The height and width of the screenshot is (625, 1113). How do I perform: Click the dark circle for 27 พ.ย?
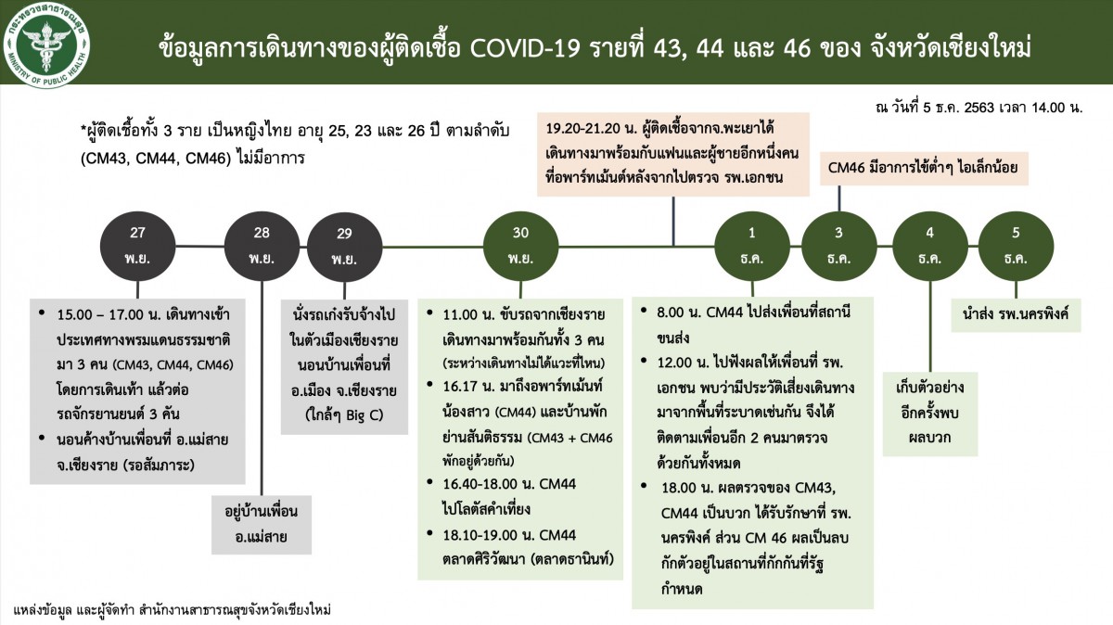tap(137, 246)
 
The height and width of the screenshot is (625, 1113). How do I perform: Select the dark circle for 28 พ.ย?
tap(262, 246)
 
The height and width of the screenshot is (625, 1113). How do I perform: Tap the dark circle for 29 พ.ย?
tap(345, 247)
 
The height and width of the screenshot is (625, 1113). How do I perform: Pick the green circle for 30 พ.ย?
tap(520, 246)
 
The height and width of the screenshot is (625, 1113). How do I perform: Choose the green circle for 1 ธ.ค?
tap(752, 246)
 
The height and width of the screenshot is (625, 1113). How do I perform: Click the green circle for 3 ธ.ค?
tap(838, 246)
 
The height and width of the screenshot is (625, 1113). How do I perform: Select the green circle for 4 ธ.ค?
tap(930, 246)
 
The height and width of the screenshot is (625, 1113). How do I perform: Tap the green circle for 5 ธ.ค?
tap(1016, 246)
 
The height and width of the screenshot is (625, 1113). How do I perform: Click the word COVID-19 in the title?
tap(525, 49)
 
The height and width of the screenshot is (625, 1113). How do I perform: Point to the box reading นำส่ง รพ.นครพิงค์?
tap(1016, 315)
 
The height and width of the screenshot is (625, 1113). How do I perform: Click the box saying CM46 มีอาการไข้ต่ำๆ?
tap(924, 169)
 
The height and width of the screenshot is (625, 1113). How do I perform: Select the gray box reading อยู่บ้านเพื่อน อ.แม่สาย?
tap(262, 525)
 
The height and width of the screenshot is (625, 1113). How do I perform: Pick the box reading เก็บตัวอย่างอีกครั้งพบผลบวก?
tap(930, 414)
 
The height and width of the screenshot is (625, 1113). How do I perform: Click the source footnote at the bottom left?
tap(172, 609)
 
